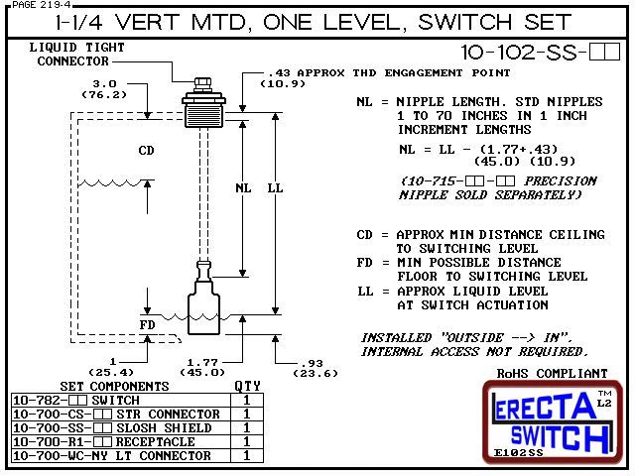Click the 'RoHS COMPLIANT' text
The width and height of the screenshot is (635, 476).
(552, 374)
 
